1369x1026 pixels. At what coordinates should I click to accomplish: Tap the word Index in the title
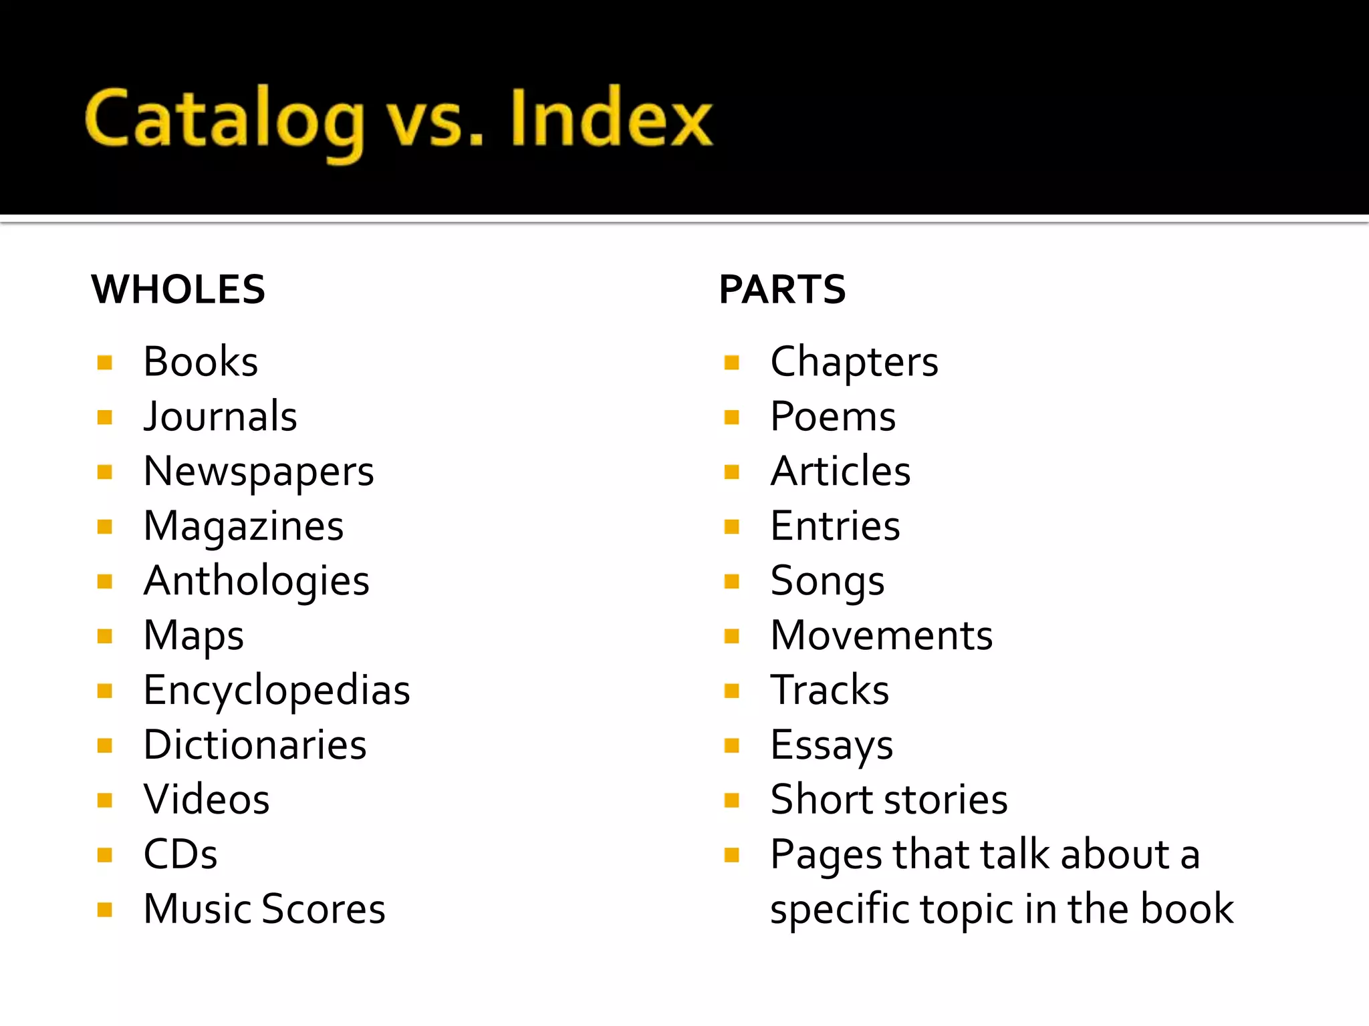coord(611,118)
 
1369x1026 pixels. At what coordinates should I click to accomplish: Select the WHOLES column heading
coord(178,289)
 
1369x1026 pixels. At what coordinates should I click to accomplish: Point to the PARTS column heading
coord(782,289)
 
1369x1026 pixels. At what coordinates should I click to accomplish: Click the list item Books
coord(201,362)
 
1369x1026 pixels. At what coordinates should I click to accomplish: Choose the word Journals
coord(220,417)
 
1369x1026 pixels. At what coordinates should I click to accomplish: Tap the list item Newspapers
coord(259,472)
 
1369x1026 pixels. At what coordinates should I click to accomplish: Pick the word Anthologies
coord(257,581)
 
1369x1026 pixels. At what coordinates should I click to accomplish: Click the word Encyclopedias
coord(277,691)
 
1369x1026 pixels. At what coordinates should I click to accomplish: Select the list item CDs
coord(180,854)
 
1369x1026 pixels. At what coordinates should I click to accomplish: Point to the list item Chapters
coord(854,362)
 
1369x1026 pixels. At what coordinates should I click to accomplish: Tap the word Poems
coord(833,417)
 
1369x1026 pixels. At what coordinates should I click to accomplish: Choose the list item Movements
coord(882,635)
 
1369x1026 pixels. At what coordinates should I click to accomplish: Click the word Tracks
coord(830,690)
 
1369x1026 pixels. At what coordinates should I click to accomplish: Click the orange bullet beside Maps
coord(105,636)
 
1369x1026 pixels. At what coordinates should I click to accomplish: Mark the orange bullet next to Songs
coord(732,581)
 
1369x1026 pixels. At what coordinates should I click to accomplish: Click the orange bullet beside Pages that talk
coord(732,855)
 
